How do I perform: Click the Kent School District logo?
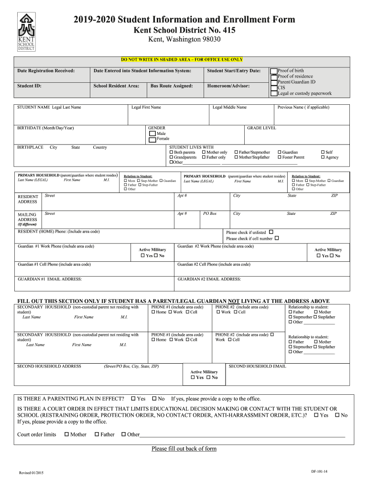coord(26,32)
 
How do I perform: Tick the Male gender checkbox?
coord(152,134)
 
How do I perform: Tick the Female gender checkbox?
coord(152,139)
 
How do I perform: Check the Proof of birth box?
coord(273,71)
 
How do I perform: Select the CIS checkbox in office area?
coord(273,88)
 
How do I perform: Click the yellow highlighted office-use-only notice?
coord(182,60)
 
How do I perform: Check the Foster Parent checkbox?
coord(279,157)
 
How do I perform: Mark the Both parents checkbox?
coord(172,152)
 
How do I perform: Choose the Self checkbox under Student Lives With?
coord(323,152)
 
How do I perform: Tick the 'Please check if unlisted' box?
coord(271,232)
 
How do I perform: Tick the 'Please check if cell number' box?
coord(277,238)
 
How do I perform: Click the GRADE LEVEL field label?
coord(261,128)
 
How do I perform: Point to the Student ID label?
coord(29,86)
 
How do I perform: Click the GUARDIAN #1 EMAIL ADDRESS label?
coord(50,279)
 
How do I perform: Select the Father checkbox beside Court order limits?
coord(97,434)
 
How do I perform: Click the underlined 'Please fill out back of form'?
coord(184,449)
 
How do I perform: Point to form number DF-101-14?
coord(319,471)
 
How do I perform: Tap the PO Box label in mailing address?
coord(210,213)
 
